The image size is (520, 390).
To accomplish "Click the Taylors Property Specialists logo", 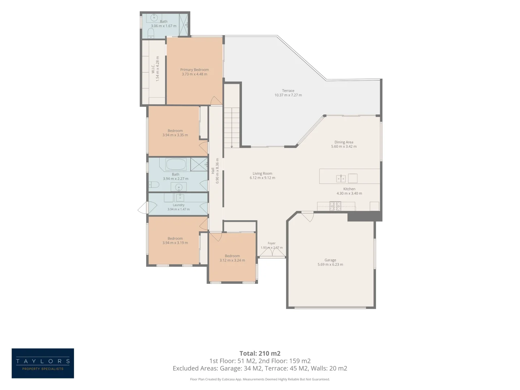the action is (43, 363).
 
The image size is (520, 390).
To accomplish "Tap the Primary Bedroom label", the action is (194, 70).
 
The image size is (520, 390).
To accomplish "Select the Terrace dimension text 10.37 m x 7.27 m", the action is (288, 95).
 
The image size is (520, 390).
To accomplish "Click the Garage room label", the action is (330, 260).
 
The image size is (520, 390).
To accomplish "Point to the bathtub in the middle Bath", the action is (175, 164).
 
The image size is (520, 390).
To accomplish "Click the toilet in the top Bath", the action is (151, 33).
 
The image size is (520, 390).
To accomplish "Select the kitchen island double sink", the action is (341, 178).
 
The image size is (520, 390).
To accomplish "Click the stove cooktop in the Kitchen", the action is (335, 206).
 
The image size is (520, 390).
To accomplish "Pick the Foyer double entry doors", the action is (272, 252).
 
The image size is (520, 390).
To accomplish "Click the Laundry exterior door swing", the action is (143, 207).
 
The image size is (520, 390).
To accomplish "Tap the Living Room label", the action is (262, 174).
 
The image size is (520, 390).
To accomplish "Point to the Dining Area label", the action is (344, 142).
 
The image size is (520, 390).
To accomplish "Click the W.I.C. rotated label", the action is (153, 69).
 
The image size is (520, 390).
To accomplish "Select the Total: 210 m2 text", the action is (260, 353).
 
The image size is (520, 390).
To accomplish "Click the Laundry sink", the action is (180, 197).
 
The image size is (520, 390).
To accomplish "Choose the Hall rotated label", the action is (213, 170).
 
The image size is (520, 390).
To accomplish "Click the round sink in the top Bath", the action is (154, 18).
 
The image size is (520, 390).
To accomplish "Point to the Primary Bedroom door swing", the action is (216, 100).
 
